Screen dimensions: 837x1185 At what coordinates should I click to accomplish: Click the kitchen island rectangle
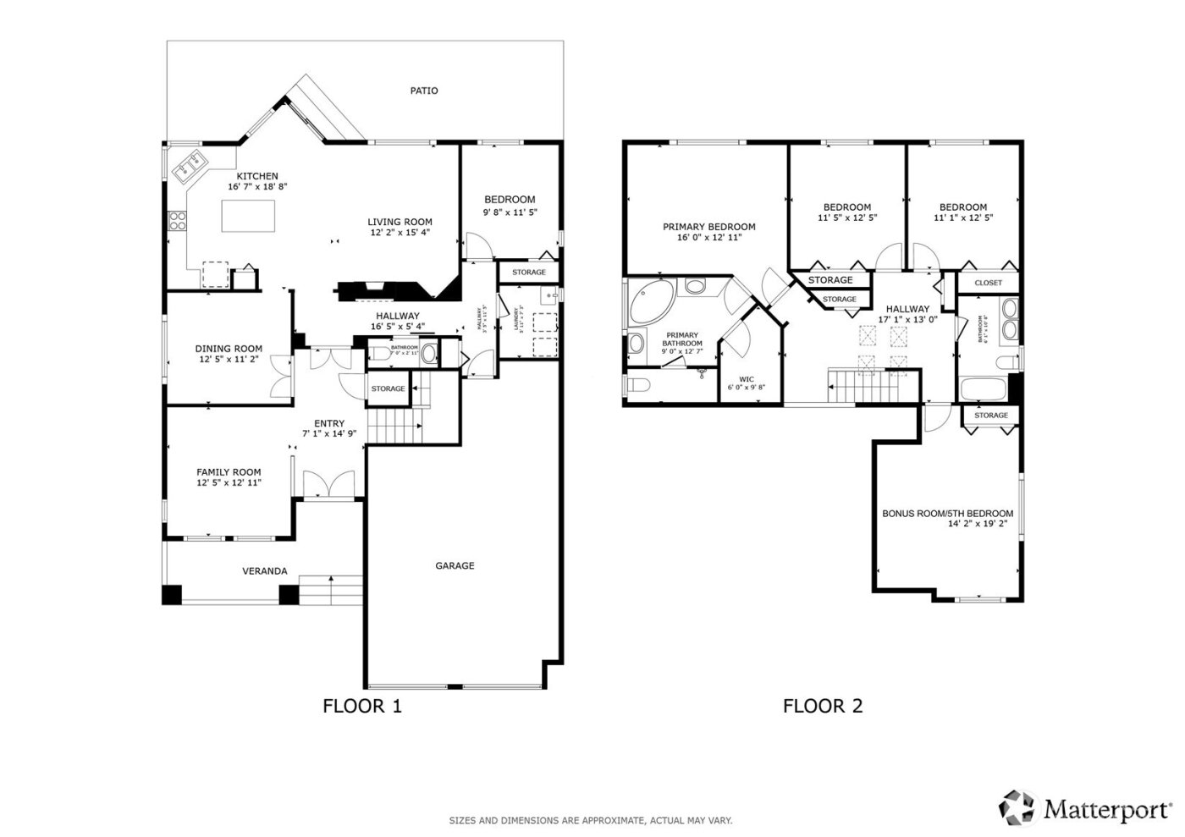click(249, 216)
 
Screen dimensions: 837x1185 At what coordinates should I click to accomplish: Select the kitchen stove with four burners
click(179, 221)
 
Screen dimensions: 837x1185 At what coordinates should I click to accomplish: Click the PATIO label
click(424, 91)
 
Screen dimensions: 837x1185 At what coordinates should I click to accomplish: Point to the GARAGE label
click(455, 565)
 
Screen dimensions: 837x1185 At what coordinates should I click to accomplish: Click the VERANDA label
click(265, 571)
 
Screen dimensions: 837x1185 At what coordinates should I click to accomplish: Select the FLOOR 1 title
click(362, 706)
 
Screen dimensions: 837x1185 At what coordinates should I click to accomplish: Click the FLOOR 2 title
click(822, 706)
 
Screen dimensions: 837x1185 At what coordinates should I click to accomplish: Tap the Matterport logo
click(1086, 808)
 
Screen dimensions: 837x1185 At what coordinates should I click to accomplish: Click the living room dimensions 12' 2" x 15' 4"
click(400, 233)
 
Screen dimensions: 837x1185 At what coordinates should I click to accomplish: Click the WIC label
click(746, 379)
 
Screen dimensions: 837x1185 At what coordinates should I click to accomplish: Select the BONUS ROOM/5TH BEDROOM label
click(947, 514)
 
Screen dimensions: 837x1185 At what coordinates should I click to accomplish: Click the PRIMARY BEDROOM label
click(708, 227)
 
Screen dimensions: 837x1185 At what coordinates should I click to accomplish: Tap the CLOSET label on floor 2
click(988, 283)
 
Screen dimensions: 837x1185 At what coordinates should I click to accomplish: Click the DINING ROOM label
click(229, 349)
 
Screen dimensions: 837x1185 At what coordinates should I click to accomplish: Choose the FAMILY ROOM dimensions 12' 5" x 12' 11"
click(229, 482)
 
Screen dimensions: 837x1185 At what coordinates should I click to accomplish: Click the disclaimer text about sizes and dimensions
click(590, 820)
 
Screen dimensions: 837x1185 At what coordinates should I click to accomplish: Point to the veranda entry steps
click(331, 590)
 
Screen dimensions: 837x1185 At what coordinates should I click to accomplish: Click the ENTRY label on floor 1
click(329, 424)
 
